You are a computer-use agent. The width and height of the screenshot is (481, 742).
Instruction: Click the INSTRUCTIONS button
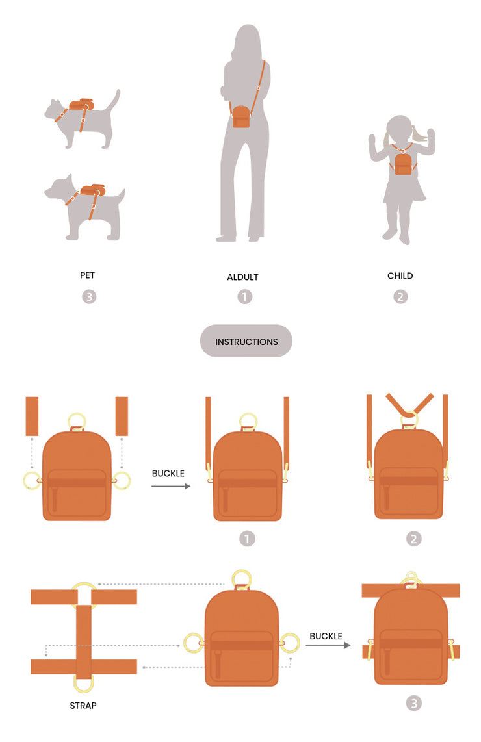point(246,340)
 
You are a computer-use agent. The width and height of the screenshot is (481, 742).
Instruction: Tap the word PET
point(88,275)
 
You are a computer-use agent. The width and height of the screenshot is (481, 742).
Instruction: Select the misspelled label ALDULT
point(243,277)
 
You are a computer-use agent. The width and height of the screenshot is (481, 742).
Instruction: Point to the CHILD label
point(400,276)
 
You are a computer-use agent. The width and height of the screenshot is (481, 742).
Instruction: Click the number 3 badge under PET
point(89,297)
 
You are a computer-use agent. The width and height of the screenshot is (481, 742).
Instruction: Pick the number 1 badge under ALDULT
point(245,297)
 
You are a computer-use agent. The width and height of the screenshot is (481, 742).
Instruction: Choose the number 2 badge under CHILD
point(400,297)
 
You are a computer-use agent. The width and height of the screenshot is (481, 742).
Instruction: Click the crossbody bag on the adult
point(241,116)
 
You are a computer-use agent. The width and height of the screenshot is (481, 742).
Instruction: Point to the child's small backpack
point(403,164)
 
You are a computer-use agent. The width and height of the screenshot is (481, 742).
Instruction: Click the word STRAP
point(83,706)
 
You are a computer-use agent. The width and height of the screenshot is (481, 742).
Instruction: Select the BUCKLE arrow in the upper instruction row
point(171,486)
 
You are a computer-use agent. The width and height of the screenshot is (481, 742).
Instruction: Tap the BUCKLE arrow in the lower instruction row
point(328,645)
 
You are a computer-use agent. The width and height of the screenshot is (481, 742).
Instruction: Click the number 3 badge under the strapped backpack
point(414,703)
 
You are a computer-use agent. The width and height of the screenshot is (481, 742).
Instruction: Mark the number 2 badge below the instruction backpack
point(414,539)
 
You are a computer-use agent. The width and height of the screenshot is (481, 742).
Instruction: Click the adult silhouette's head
point(248,40)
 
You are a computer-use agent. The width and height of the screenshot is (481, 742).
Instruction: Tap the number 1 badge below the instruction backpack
point(247,539)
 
